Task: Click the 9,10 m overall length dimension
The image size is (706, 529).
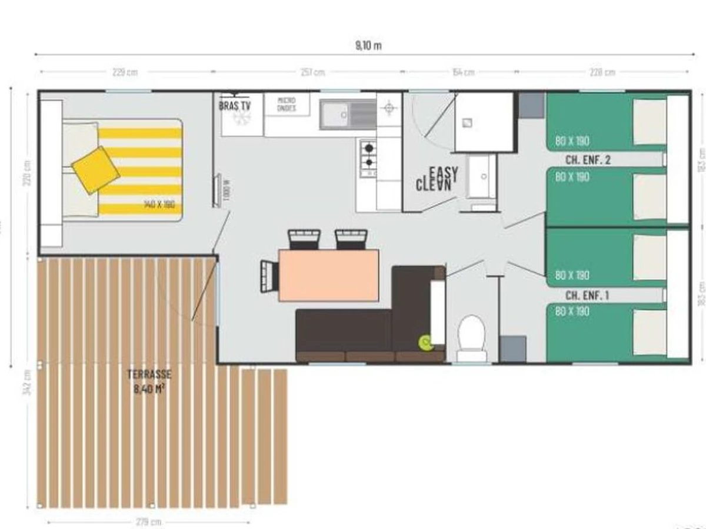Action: [369, 46]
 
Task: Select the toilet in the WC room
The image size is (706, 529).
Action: [472, 336]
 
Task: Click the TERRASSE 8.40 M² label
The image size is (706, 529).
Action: [149, 380]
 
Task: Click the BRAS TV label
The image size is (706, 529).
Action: [235, 106]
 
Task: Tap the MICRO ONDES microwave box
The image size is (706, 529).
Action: [287, 105]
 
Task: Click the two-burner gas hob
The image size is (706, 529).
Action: [368, 155]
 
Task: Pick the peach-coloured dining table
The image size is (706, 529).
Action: [328, 275]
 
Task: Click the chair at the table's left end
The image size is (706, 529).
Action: [269, 274]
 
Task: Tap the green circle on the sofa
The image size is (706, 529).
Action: [424, 340]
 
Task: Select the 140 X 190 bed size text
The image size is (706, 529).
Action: [159, 204]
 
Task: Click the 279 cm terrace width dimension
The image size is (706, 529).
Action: [148, 522]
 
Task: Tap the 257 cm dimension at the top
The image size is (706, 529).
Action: [312, 72]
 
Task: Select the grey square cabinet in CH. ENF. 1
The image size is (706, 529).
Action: [512, 347]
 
